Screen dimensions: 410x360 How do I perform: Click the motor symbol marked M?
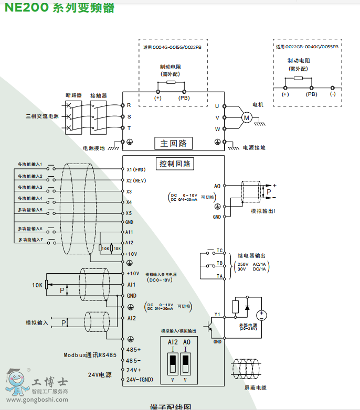(x=246, y=117)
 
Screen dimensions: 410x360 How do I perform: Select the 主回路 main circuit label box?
(x=173, y=143)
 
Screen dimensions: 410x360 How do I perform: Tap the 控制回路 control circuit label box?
(x=173, y=164)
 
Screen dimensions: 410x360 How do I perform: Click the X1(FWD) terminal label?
(x=136, y=170)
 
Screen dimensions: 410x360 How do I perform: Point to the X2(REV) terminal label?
(x=136, y=180)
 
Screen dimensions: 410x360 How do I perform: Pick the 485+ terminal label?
(x=134, y=349)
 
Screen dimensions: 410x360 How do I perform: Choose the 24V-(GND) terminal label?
(x=139, y=380)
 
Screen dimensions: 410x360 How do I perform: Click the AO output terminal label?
(x=217, y=186)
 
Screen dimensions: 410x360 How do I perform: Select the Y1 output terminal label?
(x=217, y=315)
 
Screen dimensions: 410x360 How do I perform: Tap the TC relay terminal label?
(x=220, y=251)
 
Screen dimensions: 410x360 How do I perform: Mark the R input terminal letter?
(x=129, y=105)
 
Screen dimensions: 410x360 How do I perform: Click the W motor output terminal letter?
(x=217, y=129)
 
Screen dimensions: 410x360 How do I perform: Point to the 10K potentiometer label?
(x=37, y=285)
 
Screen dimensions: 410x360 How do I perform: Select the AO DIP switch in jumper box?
(x=185, y=362)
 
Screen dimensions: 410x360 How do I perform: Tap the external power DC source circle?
(x=260, y=315)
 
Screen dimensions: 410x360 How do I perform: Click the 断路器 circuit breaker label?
(x=73, y=95)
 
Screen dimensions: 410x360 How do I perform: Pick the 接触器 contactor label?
(x=98, y=95)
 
